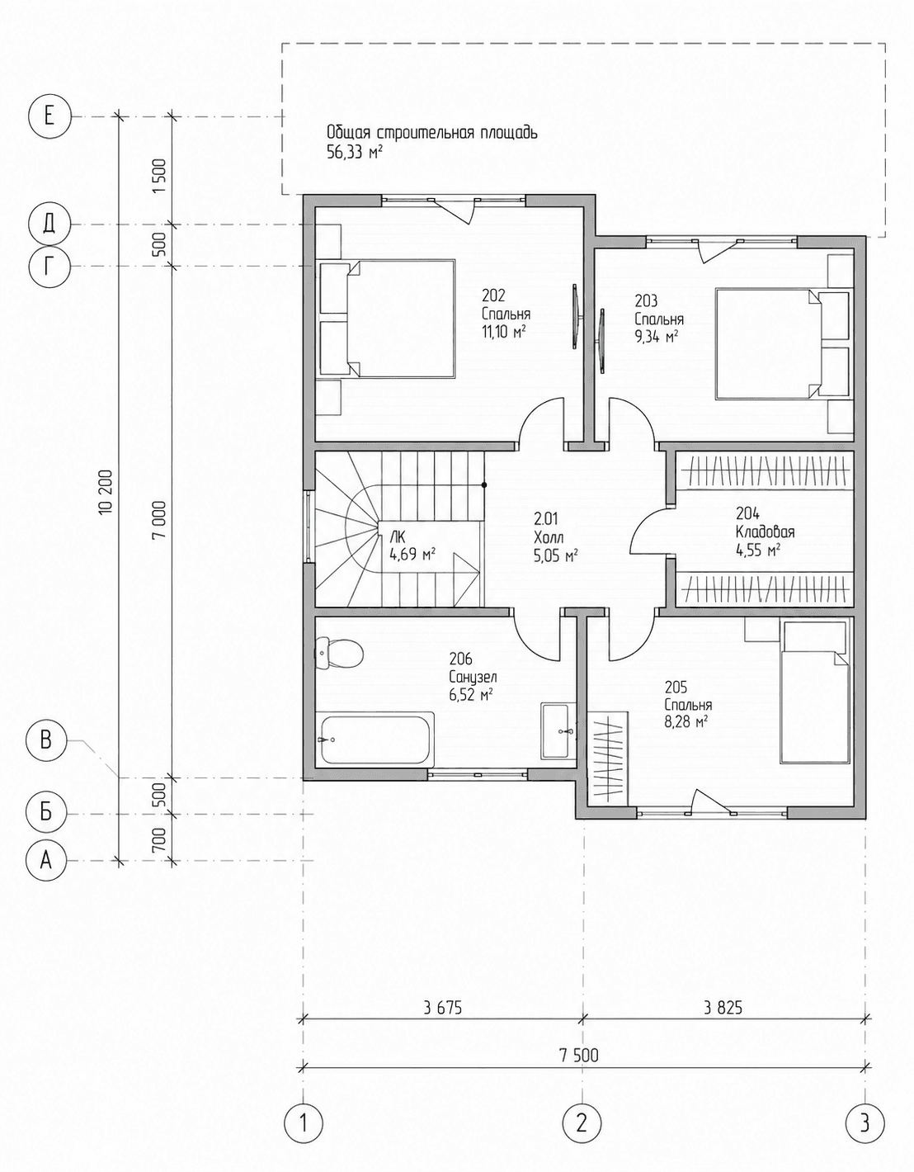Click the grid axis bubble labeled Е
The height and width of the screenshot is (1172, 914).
[x=49, y=116]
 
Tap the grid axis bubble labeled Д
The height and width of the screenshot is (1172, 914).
[x=49, y=224]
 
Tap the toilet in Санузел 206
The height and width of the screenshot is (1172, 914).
[x=339, y=653]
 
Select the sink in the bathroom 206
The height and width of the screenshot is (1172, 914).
[x=558, y=730]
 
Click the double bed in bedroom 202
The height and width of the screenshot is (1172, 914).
[x=388, y=319]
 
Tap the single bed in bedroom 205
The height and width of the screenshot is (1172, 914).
[x=814, y=692]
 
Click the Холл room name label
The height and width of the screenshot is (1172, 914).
[x=549, y=537]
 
